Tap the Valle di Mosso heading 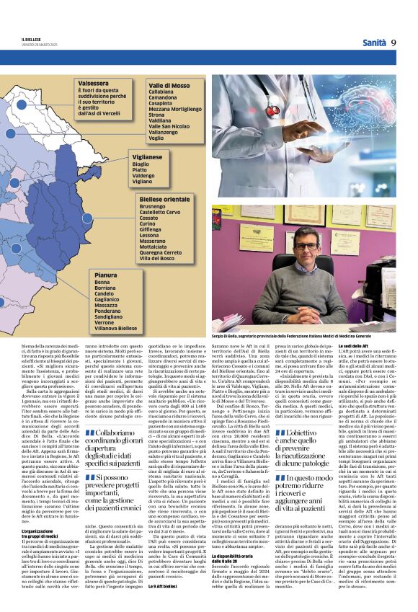[168, 85]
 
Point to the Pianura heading [105, 275]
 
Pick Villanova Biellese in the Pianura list [115, 328]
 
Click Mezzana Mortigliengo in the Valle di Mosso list [175, 108]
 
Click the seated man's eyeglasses [306, 247]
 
